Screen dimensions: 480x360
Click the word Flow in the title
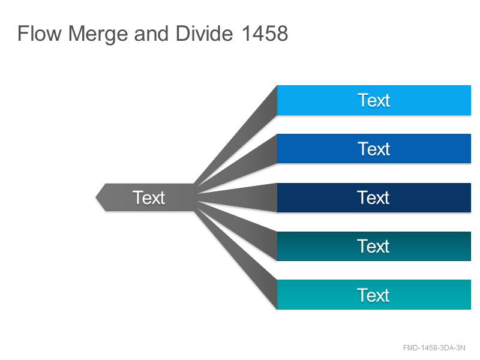point(40,34)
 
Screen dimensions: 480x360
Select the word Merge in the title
point(98,35)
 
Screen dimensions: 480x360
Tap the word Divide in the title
point(205,34)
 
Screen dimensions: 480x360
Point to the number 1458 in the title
point(265,34)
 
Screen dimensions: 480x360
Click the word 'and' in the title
point(151,34)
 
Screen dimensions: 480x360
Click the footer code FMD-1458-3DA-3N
point(434,348)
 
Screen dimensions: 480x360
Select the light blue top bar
point(374,100)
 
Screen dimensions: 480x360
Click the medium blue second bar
point(374,149)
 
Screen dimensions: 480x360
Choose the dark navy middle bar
point(374,198)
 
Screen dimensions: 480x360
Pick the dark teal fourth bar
point(374,247)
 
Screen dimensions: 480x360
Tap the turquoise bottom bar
point(374,295)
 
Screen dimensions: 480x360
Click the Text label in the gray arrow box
point(149,197)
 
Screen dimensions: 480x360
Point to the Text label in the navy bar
point(373,197)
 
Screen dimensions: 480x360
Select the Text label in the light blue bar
point(374,100)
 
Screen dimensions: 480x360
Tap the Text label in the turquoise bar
point(373,295)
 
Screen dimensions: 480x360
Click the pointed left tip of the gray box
point(96,197)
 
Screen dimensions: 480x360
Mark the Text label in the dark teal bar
point(373,246)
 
